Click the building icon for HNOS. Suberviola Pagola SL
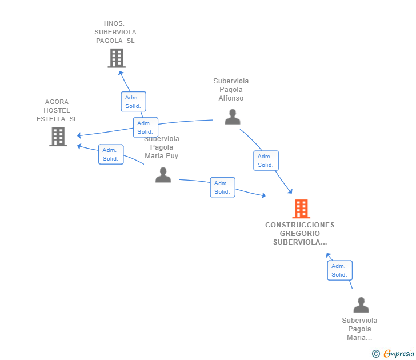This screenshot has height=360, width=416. tap(117, 58)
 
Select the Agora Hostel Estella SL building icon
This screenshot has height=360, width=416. tap(58, 137)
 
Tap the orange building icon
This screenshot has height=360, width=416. tap(301, 209)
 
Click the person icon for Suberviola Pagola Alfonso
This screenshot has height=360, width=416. tap(233, 117)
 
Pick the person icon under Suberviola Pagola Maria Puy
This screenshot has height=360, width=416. tap(163, 175)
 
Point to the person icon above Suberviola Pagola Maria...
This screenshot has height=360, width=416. tap(361, 305)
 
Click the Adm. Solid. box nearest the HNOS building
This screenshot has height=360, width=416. tap(133, 102)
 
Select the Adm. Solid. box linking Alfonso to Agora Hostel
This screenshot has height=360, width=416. tap(145, 127)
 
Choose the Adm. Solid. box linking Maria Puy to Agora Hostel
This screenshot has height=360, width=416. tap(111, 154)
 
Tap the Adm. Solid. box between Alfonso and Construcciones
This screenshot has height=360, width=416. tap(266, 161)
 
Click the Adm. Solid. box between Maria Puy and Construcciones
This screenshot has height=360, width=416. tap(222, 187)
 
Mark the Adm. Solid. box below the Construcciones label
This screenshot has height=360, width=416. tap(339, 270)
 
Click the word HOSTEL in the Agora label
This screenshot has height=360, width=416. tap(57, 110)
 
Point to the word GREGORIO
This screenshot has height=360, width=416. tap(300, 234)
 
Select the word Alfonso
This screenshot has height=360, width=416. tap(231, 98)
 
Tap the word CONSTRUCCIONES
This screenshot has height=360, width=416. tap(300, 225)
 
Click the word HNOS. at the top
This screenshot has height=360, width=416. tap(114, 23)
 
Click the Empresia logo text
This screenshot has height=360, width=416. tap(399, 353)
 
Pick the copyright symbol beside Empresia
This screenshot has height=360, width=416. tap(375, 354)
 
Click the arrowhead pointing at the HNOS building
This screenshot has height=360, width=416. tap(121, 73)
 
